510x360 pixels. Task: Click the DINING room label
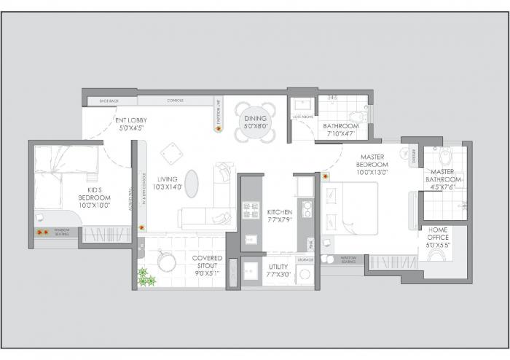pyautogui.click(x=256, y=118)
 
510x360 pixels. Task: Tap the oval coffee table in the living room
pyautogui.click(x=191, y=183)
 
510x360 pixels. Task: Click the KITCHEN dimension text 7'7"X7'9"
pyautogui.click(x=279, y=220)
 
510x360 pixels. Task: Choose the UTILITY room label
pyautogui.click(x=279, y=267)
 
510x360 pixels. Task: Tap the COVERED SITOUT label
pyautogui.click(x=207, y=258)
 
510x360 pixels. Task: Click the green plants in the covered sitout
pyautogui.click(x=146, y=277)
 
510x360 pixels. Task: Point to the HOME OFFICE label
pyautogui.click(x=439, y=230)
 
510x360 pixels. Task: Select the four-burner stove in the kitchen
pyautogui.click(x=251, y=210)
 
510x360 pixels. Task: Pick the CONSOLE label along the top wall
pyautogui.click(x=175, y=101)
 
